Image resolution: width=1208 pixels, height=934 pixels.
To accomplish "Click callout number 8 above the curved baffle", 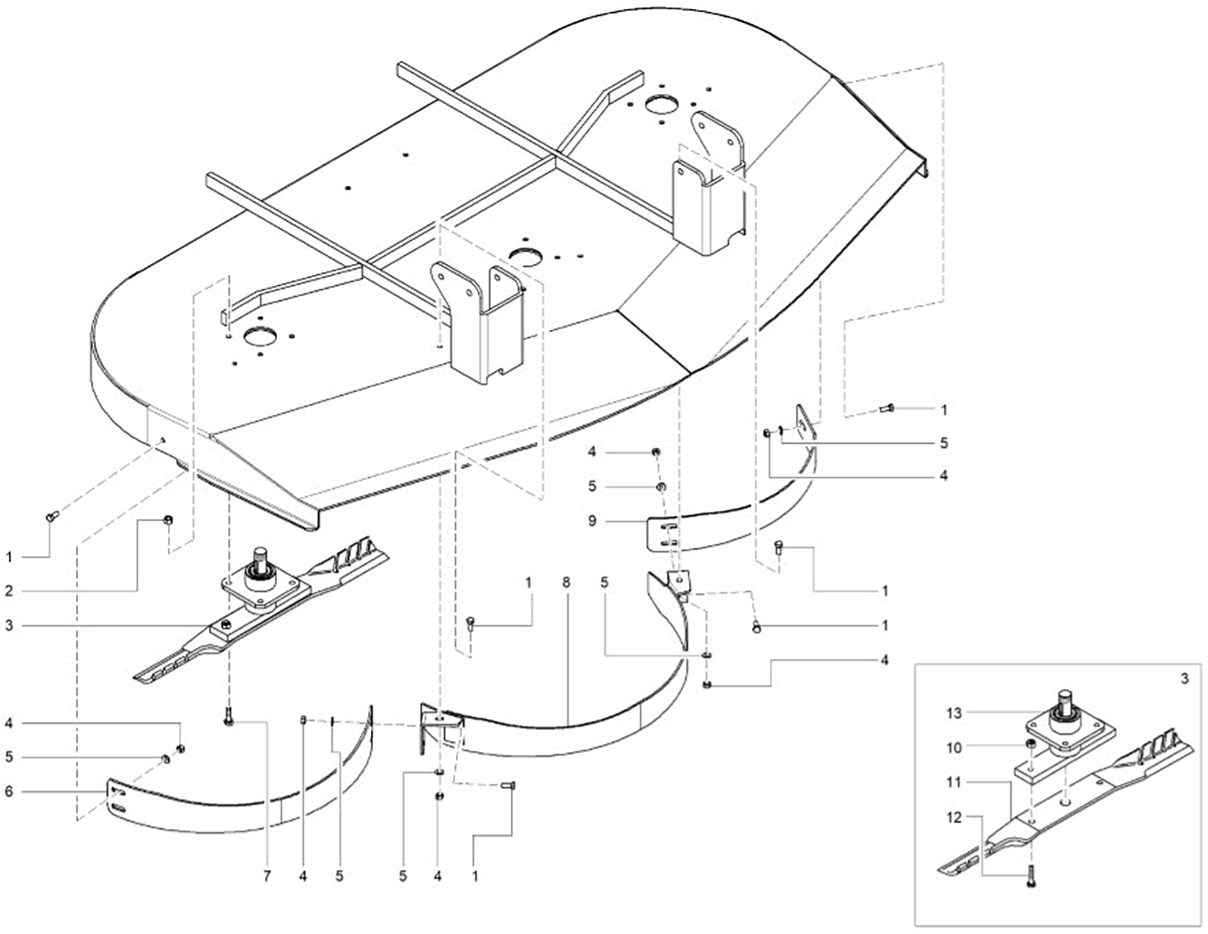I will pyautogui.click(x=567, y=582).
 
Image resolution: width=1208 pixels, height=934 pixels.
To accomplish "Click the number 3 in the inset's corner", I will pyautogui.click(x=1183, y=679).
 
